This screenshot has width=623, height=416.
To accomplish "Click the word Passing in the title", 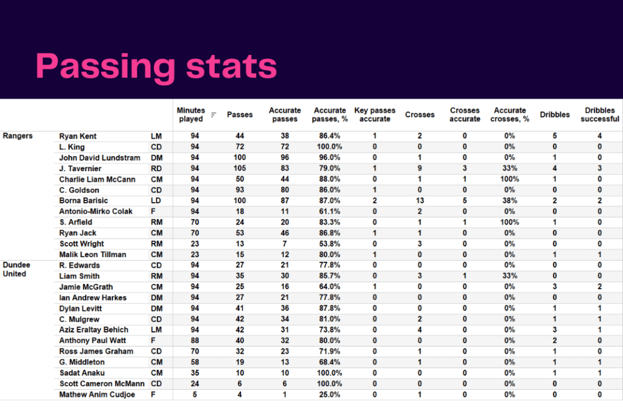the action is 105,67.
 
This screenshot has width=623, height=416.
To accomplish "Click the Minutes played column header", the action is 190,115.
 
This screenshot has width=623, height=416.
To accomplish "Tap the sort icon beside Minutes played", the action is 214,115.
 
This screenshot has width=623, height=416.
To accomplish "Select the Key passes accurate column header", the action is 375,115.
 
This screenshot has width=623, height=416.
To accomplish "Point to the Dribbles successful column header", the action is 599,115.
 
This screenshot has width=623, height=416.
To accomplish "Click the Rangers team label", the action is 18,136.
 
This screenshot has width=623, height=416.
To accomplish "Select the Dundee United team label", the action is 16,269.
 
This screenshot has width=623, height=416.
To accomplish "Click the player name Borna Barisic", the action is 83,200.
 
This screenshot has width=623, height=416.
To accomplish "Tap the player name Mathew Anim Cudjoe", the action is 97,395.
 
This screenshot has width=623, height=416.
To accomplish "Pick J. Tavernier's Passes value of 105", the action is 240,168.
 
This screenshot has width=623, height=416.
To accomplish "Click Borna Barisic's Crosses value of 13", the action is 420,200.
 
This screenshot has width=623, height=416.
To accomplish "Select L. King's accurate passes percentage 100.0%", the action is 329,147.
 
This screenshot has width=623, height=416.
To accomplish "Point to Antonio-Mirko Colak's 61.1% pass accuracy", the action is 329,211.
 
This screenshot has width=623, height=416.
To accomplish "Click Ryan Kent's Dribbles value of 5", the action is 555,136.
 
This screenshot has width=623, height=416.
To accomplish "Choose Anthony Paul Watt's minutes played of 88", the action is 195,340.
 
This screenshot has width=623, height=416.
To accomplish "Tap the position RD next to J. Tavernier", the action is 156,168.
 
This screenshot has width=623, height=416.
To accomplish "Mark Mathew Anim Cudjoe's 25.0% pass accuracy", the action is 329,395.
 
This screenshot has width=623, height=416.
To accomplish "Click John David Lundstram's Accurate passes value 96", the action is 285,158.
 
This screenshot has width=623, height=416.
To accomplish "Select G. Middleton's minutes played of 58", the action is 195,362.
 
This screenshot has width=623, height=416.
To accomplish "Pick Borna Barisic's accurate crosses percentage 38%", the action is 510,200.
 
